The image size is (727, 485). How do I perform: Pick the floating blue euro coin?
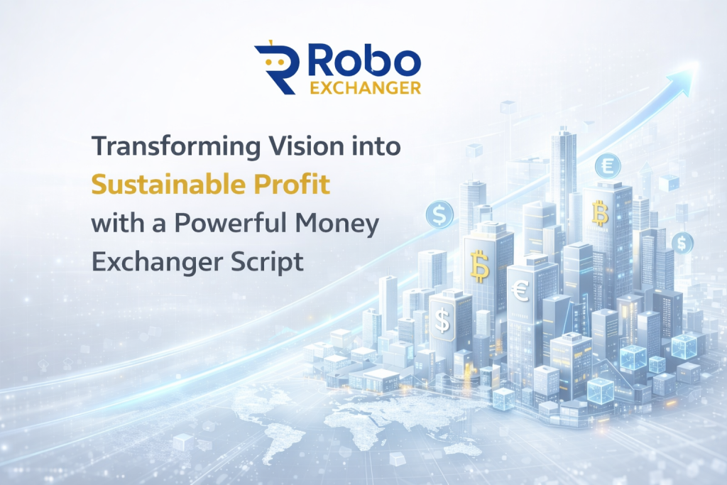click(608, 166)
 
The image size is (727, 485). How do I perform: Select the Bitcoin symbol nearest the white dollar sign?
click(479, 266)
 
